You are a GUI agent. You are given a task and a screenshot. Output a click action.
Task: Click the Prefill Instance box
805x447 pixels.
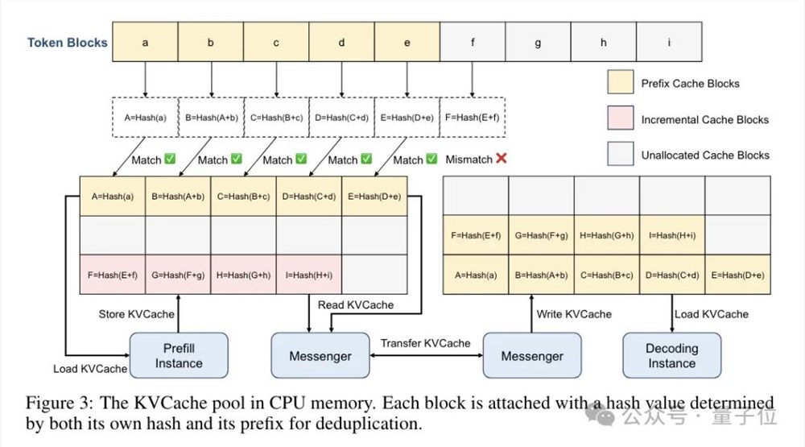[x=179, y=355]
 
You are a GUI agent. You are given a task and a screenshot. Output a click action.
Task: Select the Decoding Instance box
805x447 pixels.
[x=671, y=355]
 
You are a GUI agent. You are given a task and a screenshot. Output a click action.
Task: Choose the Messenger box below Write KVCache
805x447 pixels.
[x=532, y=355]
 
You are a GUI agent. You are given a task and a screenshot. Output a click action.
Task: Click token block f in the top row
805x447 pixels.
[x=473, y=43]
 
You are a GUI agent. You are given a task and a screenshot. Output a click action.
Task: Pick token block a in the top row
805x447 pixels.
[x=145, y=43]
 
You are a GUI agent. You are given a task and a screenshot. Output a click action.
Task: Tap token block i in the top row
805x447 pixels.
[x=669, y=43]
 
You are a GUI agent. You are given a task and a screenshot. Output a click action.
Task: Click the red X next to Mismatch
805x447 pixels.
[x=502, y=159]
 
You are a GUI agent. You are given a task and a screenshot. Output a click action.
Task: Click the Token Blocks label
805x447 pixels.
[x=68, y=43]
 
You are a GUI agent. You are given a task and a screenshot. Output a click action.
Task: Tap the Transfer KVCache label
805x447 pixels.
[x=426, y=343]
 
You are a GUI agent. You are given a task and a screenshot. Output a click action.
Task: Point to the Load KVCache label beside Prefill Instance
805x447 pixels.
[x=90, y=368]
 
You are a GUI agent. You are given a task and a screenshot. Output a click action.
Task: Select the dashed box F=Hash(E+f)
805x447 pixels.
[x=473, y=118]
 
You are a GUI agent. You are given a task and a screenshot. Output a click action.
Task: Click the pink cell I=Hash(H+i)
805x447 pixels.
[x=309, y=275]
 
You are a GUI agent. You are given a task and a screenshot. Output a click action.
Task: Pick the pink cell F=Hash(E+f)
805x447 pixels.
[x=113, y=275]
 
